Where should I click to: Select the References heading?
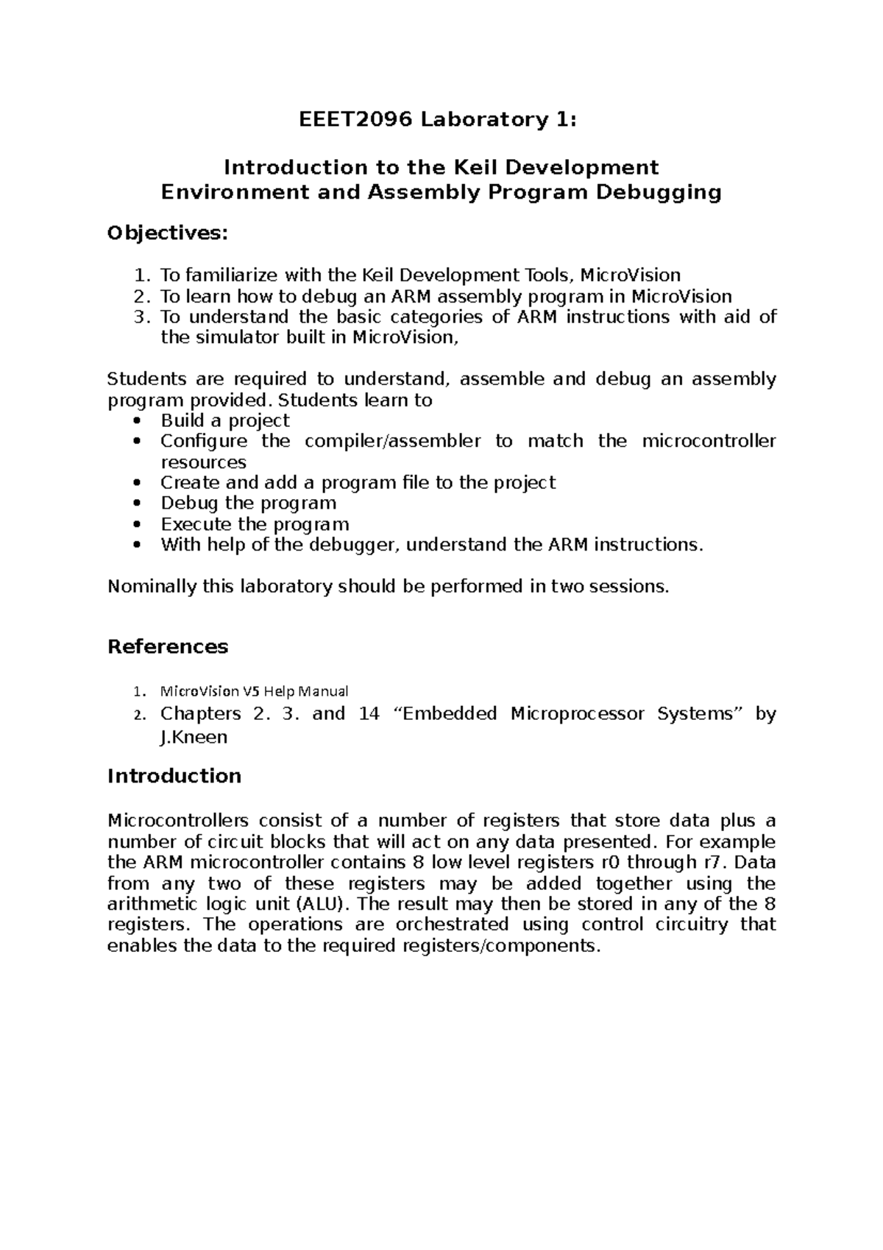pos(168,646)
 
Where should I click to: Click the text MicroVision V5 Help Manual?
pos(254,691)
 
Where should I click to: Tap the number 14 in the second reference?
pos(369,714)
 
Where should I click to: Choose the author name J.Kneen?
pos(194,737)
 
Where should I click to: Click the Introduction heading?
pos(174,776)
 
